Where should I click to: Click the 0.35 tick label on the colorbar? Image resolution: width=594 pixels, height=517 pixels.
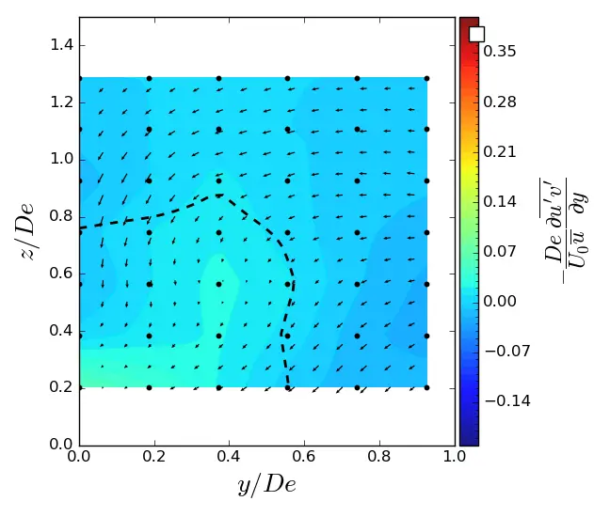499,52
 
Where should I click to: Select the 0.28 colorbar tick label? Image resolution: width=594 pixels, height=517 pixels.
499,102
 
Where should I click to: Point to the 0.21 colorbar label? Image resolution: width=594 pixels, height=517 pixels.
499,151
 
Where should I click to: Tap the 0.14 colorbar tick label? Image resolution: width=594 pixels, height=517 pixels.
499,201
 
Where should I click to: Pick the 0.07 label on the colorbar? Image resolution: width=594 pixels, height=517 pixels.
499,251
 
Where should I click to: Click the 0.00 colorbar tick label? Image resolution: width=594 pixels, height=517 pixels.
499,301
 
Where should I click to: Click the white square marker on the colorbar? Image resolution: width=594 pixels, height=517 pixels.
476,34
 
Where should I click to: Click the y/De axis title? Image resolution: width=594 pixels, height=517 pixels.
266,485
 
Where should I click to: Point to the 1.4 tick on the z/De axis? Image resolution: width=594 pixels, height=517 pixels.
61,45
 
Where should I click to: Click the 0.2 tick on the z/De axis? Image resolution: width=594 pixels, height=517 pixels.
61,387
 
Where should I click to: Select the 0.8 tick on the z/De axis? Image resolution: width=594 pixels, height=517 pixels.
61,216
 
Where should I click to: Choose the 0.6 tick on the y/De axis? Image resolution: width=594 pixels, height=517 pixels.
304,458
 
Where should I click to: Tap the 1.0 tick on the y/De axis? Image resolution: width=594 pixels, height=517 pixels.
455,458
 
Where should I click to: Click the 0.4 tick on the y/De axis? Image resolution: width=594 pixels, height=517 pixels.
229,458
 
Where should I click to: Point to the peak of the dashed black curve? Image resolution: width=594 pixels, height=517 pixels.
218,195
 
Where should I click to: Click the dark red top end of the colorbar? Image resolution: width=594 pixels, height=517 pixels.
469,21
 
